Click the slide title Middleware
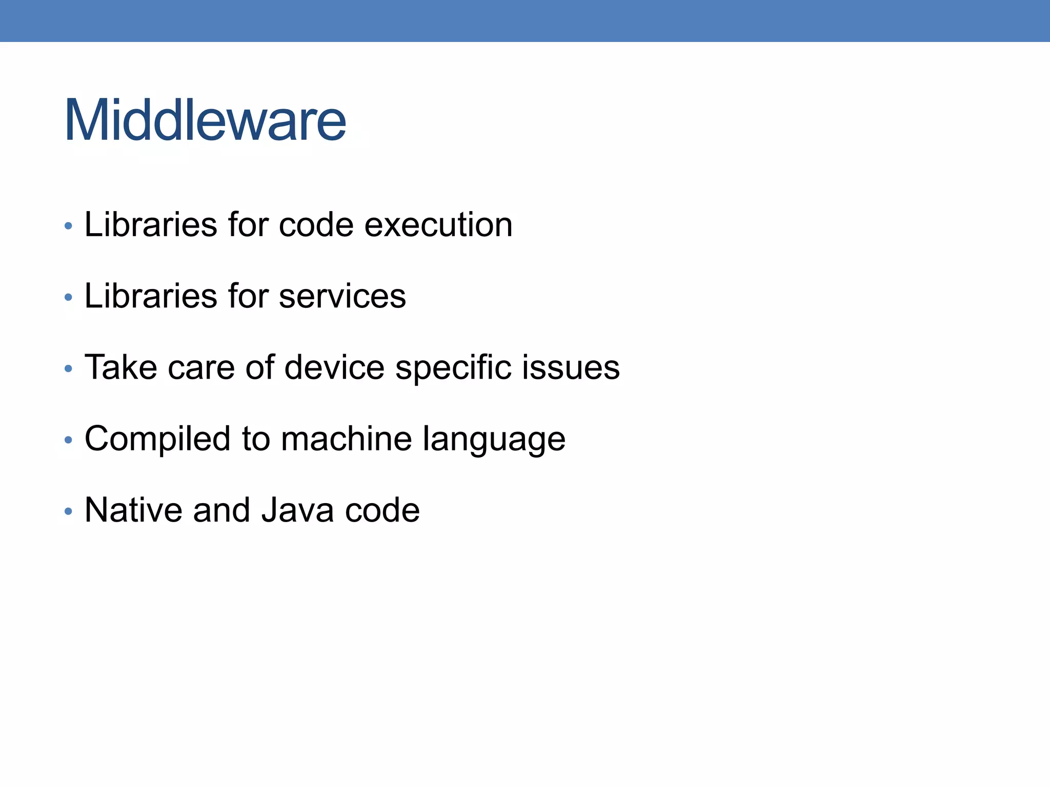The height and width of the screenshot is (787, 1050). click(205, 120)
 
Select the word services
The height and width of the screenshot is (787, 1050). click(342, 296)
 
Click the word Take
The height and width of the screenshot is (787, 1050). click(120, 367)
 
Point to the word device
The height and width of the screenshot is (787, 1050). click(334, 367)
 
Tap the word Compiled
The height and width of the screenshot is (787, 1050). click(157, 440)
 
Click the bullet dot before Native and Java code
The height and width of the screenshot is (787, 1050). click(69, 511)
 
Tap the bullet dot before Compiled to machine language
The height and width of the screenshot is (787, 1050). click(69, 440)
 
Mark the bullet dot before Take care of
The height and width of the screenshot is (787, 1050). click(69, 368)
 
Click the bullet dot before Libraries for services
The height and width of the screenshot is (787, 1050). click(69, 297)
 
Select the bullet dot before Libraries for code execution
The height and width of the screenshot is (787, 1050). click(69, 226)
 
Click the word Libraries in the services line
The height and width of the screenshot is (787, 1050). click(151, 296)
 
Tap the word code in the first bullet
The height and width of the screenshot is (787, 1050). click(316, 225)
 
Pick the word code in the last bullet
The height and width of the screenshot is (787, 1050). click(382, 510)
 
